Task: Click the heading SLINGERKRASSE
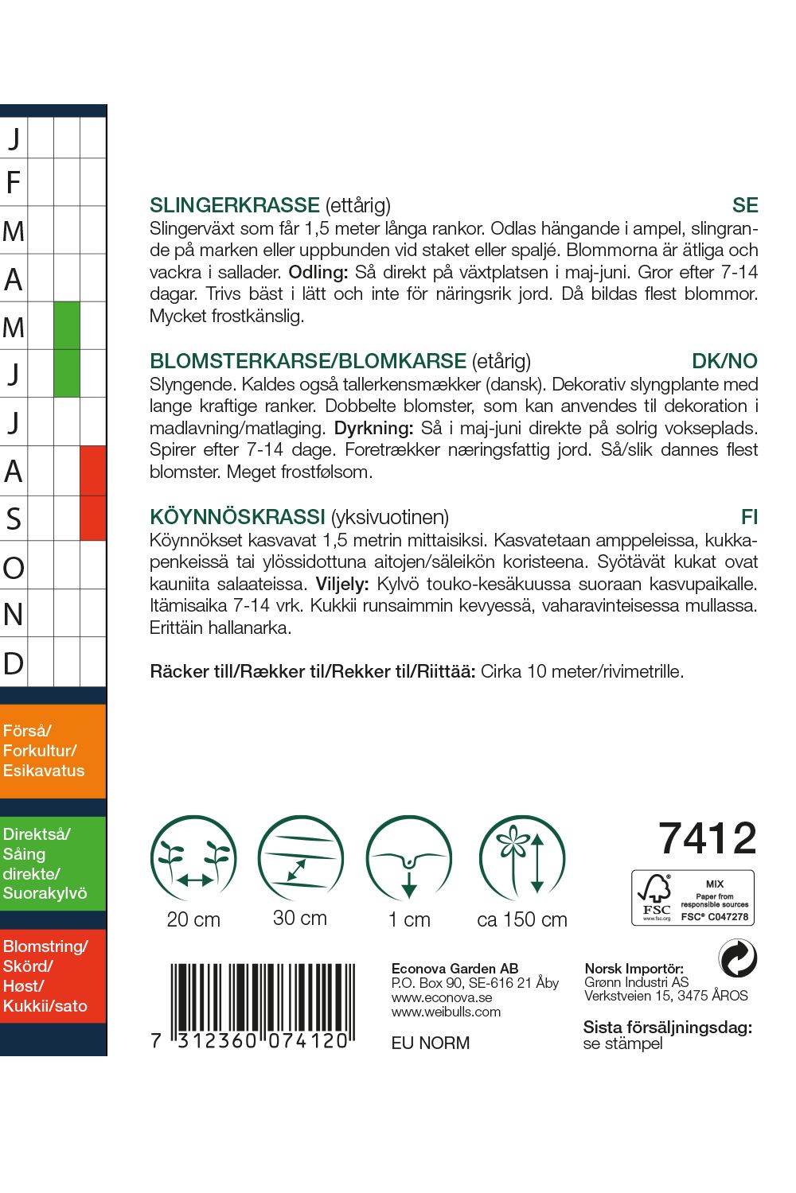[234, 205]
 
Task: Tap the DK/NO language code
[724, 361]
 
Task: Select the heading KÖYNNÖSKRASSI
[237, 517]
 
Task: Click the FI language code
[749, 517]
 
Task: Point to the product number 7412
[707, 838]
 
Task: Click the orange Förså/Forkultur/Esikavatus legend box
[53, 751]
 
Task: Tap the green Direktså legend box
[53, 864]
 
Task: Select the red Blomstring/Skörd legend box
[53, 976]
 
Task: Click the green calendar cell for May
[67, 325]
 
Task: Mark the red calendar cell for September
[93, 518]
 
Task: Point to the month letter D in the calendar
[14, 663]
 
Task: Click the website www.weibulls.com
[446, 1012]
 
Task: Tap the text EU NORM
[431, 1043]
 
